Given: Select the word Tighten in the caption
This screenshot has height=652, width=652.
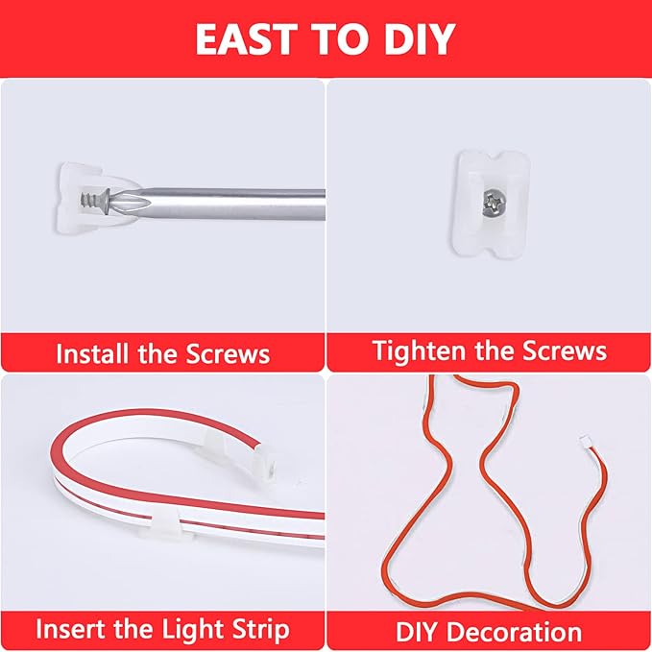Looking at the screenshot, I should [x=419, y=350].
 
